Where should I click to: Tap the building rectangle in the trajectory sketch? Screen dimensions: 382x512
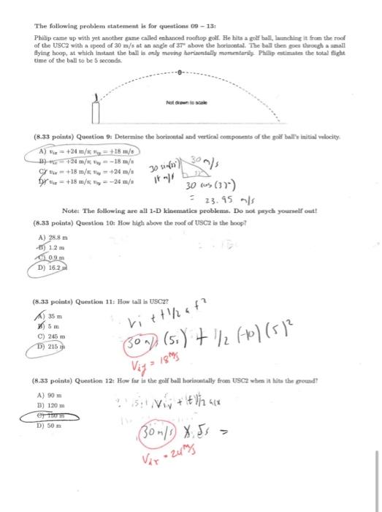click(93, 113)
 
